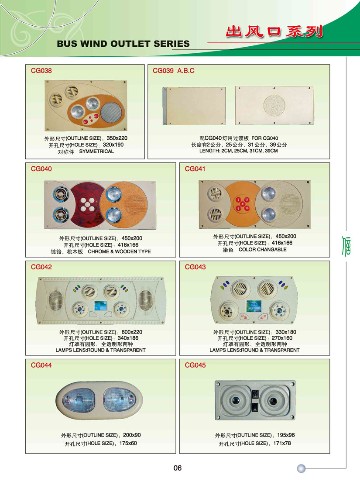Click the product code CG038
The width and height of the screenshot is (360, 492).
[x=41, y=71]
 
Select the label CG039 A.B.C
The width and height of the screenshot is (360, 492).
[x=173, y=71]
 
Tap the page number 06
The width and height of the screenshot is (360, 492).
[x=178, y=468]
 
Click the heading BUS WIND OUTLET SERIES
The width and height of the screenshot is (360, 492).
[x=123, y=44]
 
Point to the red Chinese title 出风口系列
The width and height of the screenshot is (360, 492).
[x=274, y=32]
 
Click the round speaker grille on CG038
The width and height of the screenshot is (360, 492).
[x=110, y=112]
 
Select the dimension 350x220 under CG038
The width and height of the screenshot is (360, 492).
[x=117, y=138]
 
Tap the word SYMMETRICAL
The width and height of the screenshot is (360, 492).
[x=96, y=151]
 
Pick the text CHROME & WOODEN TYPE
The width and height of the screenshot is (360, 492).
[x=119, y=251]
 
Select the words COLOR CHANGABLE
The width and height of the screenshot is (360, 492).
[x=263, y=249]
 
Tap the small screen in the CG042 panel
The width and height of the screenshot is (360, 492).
[x=100, y=306]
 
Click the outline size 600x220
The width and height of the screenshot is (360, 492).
[x=132, y=332]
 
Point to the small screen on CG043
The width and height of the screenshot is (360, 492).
[x=254, y=306]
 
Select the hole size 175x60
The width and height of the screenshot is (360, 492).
[x=128, y=444]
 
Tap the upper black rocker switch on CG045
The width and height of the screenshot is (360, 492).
[x=255, y=393]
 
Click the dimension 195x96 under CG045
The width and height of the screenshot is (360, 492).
[x=286, y=435]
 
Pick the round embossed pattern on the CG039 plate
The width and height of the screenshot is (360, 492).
[x=274, y=106]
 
